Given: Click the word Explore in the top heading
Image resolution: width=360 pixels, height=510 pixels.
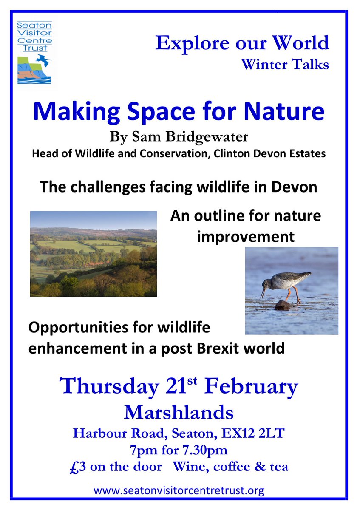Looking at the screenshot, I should tap(185, 43).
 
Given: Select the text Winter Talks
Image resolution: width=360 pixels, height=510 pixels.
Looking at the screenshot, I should tap(285, 65).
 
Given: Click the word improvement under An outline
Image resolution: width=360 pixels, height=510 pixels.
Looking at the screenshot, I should tap(246, 236).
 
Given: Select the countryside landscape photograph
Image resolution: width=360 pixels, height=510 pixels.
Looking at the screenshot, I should tap(93, 254).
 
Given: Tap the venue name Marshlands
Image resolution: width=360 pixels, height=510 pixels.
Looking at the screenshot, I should tap(179, 412).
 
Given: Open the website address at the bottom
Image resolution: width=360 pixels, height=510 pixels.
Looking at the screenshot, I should tap(179, 491).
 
